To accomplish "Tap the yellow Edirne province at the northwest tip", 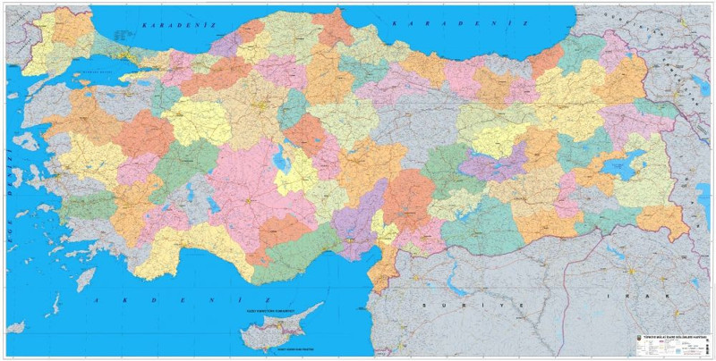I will click(40, 40).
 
